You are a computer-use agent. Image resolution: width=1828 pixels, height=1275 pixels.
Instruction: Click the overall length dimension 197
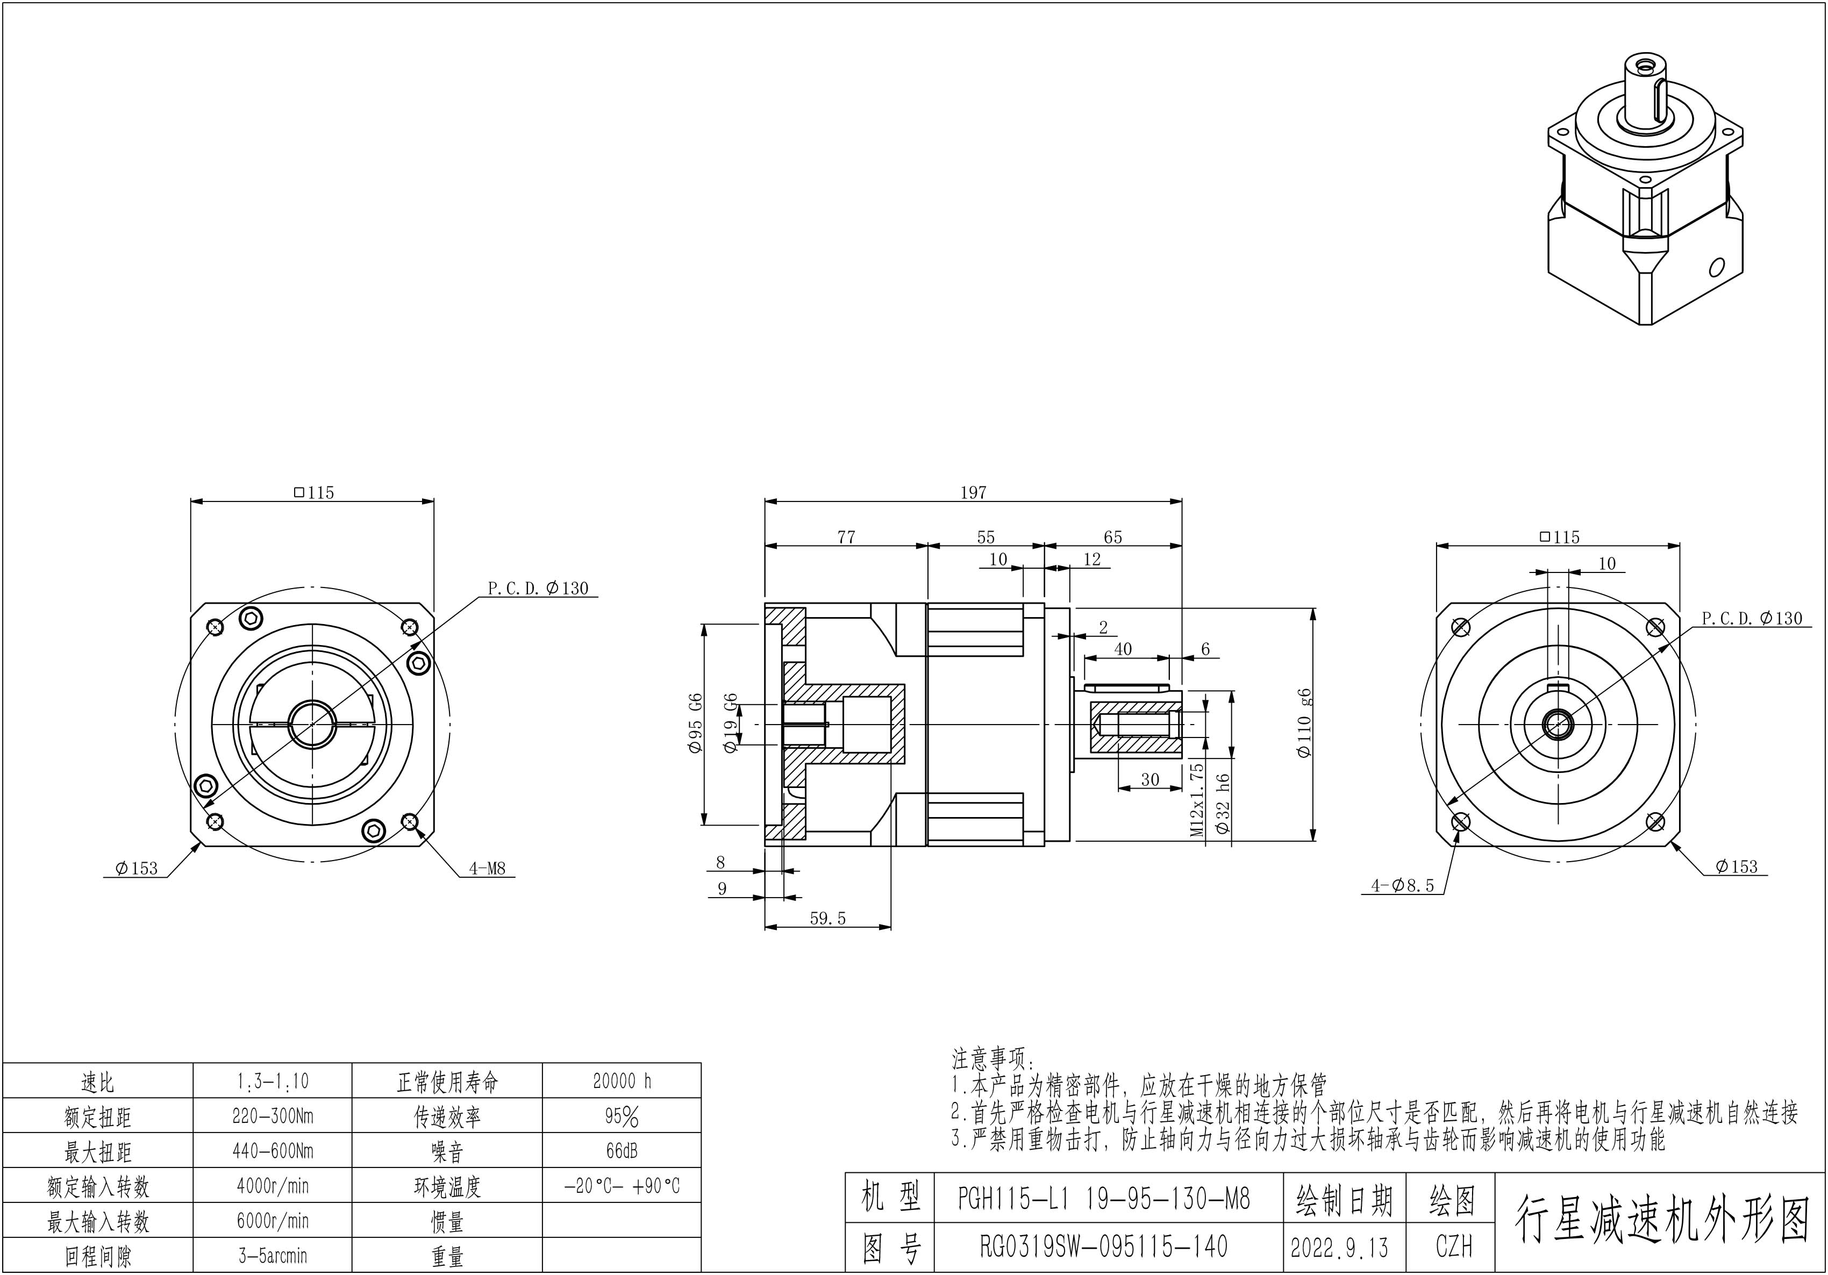[x=973, y=493]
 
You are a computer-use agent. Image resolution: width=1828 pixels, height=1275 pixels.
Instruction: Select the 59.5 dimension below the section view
[x=827, y=919]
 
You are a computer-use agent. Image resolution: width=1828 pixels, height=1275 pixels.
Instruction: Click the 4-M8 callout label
[x=487, y=868]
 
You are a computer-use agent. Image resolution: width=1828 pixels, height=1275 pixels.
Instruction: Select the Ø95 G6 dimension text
[x=696, y=724]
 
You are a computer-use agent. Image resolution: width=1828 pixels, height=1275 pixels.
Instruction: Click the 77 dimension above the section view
[x=846, y=537]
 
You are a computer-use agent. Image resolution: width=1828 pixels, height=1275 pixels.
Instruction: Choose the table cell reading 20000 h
[x=622, y=1081]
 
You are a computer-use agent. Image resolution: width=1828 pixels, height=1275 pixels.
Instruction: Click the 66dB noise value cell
[x=622, y=1151]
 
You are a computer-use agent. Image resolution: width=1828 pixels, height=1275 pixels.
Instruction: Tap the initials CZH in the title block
[x=1454, y=1247]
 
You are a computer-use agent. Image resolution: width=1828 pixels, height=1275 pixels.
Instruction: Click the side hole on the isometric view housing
[x=1717, y=266]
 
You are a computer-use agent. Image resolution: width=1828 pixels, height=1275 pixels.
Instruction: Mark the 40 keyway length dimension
[x=1123, y=649]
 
